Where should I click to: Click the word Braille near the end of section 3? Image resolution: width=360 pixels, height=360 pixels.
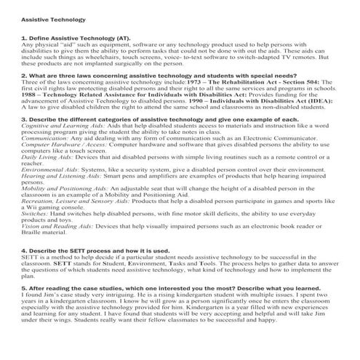33,232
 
